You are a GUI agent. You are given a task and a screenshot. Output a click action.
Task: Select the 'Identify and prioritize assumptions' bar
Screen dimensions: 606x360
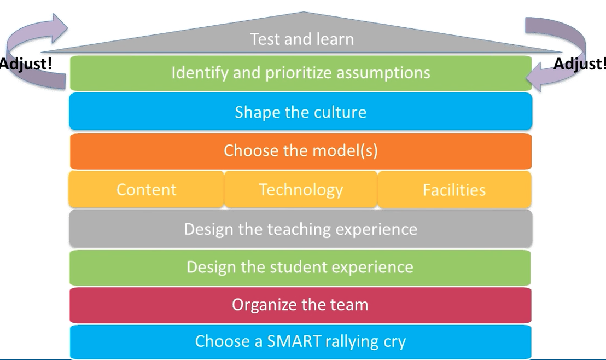click(x=301, y=73)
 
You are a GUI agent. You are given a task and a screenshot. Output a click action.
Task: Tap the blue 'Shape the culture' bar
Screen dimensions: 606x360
click(x=300, y=112)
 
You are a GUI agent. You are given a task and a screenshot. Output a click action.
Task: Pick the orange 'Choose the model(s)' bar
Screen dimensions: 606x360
click(x=300, y=151)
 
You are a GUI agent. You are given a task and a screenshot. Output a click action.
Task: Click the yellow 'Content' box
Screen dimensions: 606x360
click(x=146, y=190)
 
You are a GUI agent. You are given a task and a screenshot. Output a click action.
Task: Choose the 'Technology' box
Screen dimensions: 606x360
click(x=300, y=190)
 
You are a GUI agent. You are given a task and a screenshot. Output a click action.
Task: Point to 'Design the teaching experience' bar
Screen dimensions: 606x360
click(x=300, y=229)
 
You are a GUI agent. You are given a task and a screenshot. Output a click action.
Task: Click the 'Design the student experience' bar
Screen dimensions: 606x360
click(x=300, y=267)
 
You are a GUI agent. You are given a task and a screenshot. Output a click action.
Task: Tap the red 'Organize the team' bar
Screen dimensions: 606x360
click(x=300, y=305)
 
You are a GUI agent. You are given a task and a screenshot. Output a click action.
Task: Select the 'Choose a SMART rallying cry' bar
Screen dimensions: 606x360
click(x=300, y=341)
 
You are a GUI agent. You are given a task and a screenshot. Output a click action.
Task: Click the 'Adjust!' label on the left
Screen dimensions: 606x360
click(x=25, y=63)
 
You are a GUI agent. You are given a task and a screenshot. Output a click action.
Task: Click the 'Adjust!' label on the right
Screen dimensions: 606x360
click(x=580, y=64)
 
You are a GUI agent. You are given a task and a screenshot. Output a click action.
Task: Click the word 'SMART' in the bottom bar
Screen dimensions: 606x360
click(x=295, y=341)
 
